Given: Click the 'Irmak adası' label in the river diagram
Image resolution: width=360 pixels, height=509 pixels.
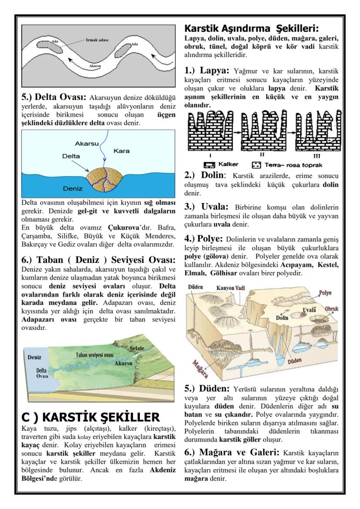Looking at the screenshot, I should click(x=96, y=40).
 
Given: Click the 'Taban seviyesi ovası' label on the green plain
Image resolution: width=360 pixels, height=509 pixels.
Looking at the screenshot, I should click(x=94, y=355).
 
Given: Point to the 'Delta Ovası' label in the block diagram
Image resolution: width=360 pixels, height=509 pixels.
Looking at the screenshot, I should click(x=42, y=373).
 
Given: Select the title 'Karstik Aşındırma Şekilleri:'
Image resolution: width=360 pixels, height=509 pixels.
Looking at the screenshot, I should click(x=252, y=29).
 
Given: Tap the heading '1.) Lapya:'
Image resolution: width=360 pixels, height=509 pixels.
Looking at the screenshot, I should click(x=208, y=70).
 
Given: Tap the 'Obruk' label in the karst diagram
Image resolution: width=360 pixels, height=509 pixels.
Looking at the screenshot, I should click(x=331, y=308).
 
